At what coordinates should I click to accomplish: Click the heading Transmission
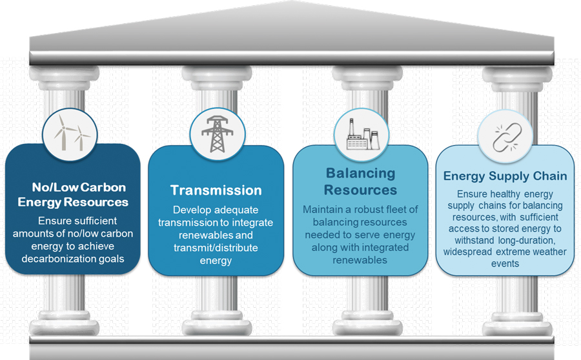[216, 190]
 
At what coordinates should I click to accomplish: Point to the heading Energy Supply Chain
[505, 176]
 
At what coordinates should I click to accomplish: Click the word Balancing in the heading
[360, 174]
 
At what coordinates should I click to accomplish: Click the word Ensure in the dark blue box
[55, 219]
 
